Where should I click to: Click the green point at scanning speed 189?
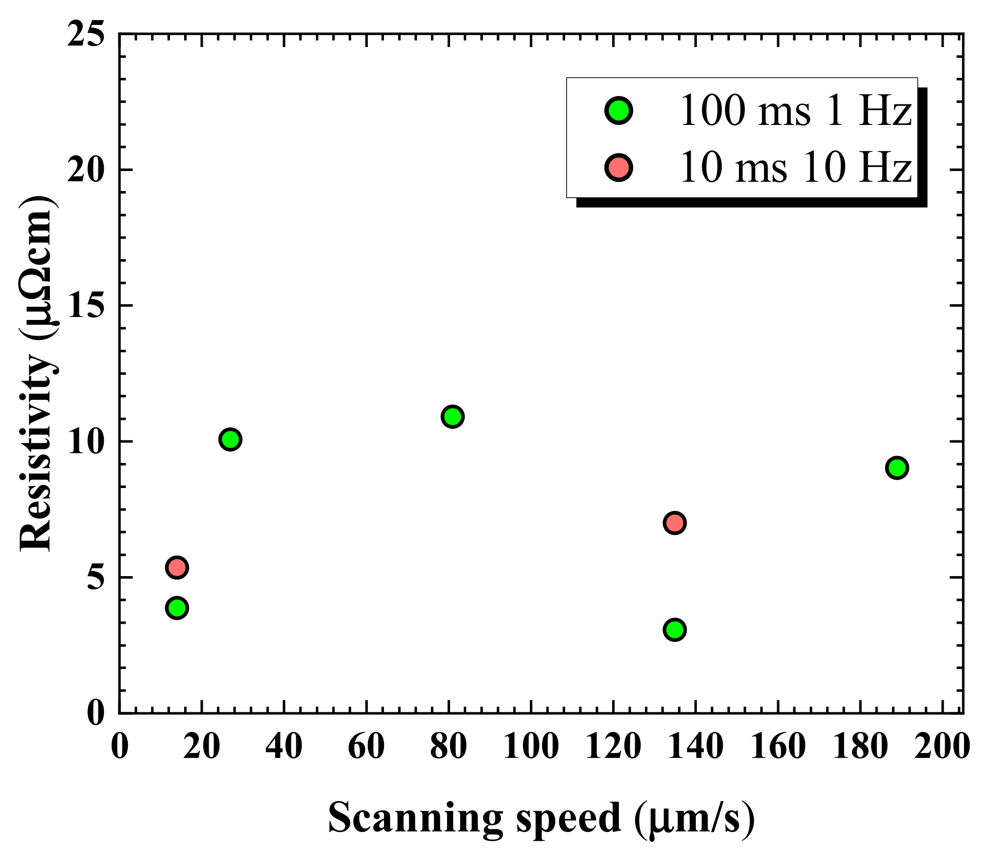pos(897,468)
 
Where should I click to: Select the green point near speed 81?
pos(452,416)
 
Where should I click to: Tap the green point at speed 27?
pos(230,439)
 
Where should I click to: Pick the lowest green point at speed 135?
pos(674,630)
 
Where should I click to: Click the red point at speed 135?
pos(674,523)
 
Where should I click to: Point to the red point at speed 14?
pos(177,568)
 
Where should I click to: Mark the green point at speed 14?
pos(177,608)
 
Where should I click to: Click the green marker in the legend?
pos(619,110)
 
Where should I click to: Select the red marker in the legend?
pos(619,167)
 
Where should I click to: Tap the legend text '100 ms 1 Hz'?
pos(795,111)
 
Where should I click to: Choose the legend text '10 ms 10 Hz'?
pos(795,168)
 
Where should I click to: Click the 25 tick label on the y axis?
pos(86,34)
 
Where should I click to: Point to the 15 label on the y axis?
pos(86,306)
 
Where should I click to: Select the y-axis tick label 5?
pos(96,578)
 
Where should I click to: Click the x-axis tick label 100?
pos(531,747)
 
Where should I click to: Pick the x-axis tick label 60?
pos(366,747)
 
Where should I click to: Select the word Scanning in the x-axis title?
pos(415,817)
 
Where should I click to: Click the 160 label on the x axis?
pos(778,747)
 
